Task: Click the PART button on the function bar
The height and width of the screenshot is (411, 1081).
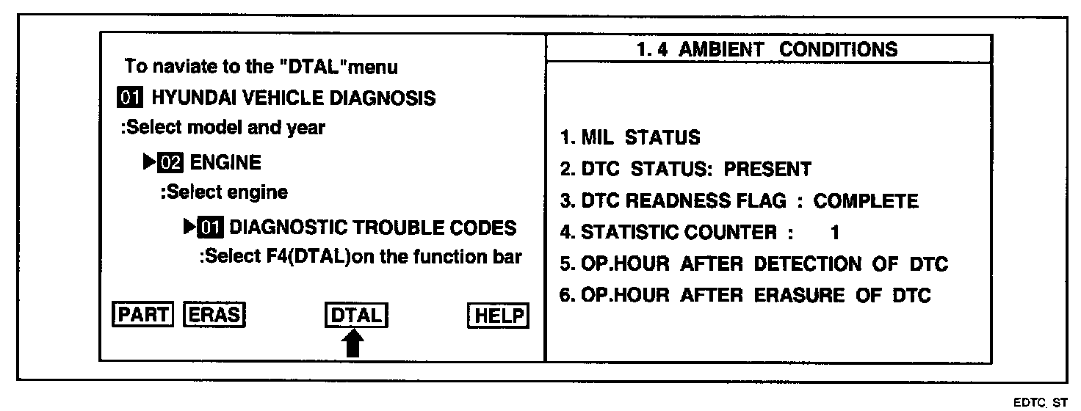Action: (141, 315)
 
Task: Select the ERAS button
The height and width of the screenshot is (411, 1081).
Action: (214, 315)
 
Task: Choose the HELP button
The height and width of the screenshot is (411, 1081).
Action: (497, 316)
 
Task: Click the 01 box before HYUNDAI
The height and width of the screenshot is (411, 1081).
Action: (131, 97)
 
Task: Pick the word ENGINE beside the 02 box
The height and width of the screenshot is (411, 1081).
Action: (225, 162)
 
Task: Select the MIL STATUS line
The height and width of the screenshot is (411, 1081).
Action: (630, 137)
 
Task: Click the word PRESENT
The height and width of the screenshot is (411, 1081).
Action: (767, 169)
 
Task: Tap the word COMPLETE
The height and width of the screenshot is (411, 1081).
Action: (866, 201)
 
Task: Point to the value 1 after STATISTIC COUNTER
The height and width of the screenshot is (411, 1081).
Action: (834, 233)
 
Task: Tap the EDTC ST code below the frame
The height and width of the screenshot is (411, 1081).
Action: (1042, 403)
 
